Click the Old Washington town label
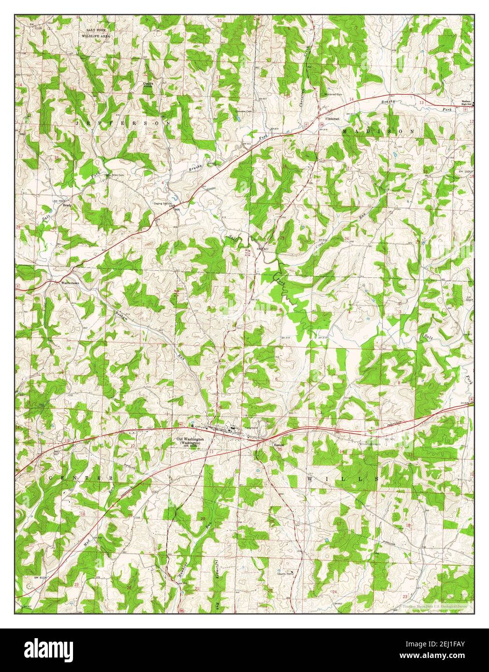click(190, 438)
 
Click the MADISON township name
click(378, 131)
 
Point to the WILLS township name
click(343, 478)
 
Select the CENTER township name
click(80, 478)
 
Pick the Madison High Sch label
click(463, 103)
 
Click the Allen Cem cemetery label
click(118, 175)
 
